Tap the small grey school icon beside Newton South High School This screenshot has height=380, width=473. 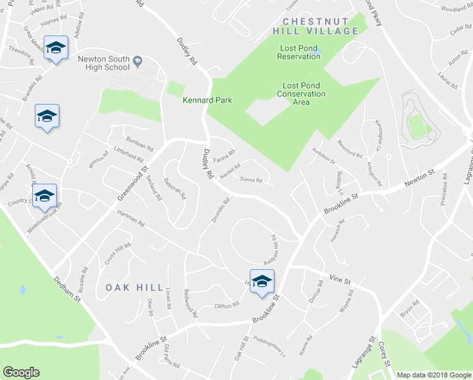point(137,61)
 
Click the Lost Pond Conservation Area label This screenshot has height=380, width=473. point(301,94)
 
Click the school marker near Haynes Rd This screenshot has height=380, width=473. point(56,48)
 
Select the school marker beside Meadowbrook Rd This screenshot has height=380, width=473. point(45,196)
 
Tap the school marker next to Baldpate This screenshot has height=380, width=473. point(261,281)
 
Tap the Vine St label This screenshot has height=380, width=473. point(340,278)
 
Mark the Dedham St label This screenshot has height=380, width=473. point(68,286)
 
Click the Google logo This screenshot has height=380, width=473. point(21,372)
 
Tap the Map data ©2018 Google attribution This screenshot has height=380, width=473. point(434,375)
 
